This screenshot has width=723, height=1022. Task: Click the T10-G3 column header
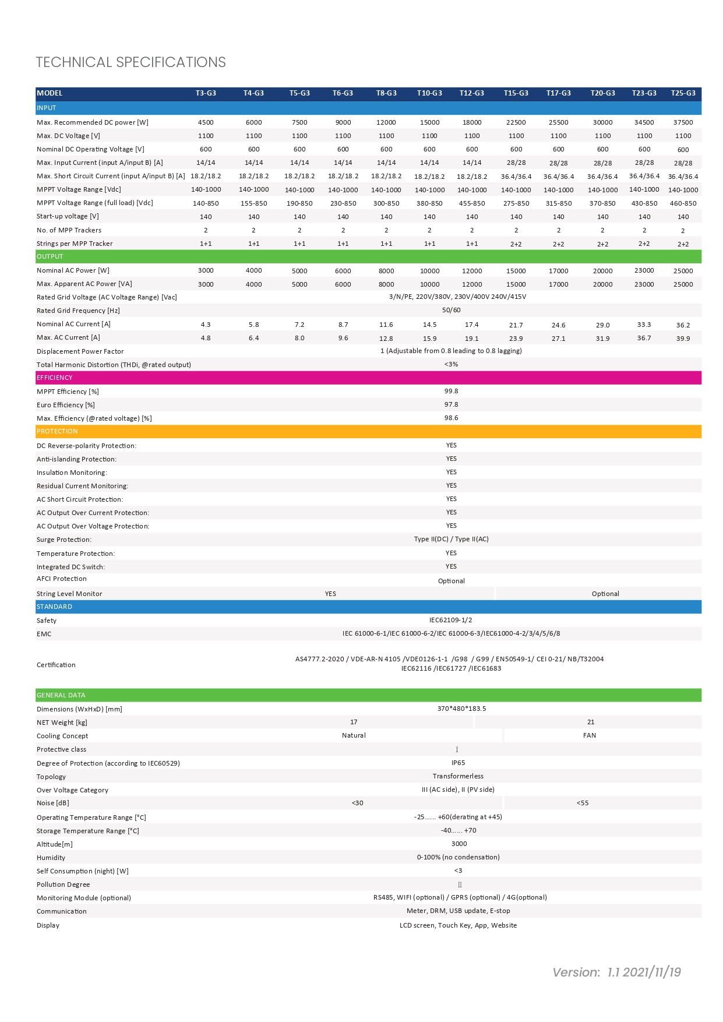pos(429,93)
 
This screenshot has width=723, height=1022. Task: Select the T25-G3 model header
pos(683,93)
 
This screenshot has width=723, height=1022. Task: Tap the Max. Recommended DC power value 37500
pos(683,122)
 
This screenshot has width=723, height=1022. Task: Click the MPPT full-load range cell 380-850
pos(429,203)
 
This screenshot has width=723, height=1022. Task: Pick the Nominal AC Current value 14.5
pos(429,325)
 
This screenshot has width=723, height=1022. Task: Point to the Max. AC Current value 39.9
pos(683,339)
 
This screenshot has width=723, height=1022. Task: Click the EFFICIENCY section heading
pos(55,378)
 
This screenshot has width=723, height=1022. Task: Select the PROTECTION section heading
pos(57,431)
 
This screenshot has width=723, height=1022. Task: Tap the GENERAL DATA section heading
pos(61,695)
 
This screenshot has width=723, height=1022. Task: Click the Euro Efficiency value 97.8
pos(451,404)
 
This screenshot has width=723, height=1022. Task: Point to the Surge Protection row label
pos(64,540)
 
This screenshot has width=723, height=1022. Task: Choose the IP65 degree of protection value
pos(458,763)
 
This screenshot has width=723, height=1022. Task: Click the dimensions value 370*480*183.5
pos(461,709)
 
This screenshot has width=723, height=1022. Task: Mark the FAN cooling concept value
pos(590,735)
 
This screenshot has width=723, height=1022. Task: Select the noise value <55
pos(583,803)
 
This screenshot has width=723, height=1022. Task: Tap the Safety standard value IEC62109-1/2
pos(450,620)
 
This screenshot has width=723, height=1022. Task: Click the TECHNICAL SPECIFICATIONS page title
pos(131,62)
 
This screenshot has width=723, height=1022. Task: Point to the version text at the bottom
pos(616,972)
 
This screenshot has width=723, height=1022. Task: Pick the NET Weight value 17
pos(354,722)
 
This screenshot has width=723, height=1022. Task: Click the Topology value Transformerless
pos(458,776)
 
